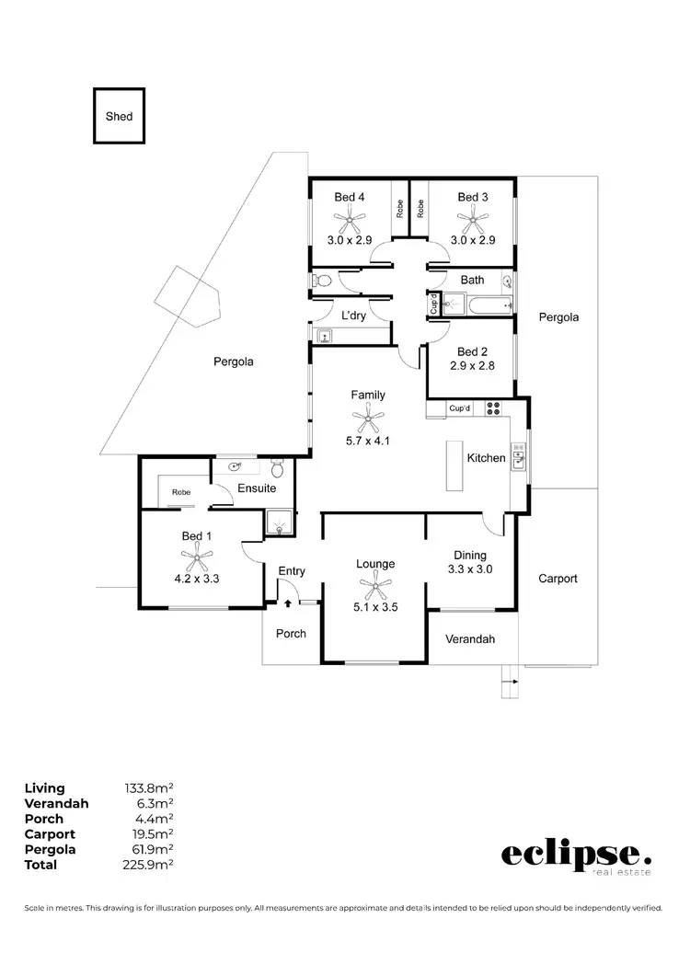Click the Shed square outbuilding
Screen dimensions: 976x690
[119, 116]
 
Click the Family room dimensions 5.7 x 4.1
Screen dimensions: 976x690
[368, 440]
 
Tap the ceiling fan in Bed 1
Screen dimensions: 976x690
[197, 555]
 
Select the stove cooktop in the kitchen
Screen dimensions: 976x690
[493, 408]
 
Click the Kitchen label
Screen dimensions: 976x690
[487, 457]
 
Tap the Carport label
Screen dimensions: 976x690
[558, 579]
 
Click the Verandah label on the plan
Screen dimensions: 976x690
[470, 639]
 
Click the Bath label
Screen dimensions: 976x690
[472, 280]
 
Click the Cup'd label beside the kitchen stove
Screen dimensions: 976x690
[459, 408]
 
